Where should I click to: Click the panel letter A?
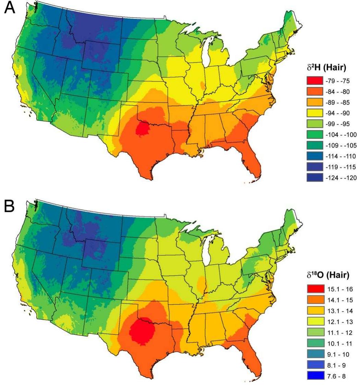point(9,8)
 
